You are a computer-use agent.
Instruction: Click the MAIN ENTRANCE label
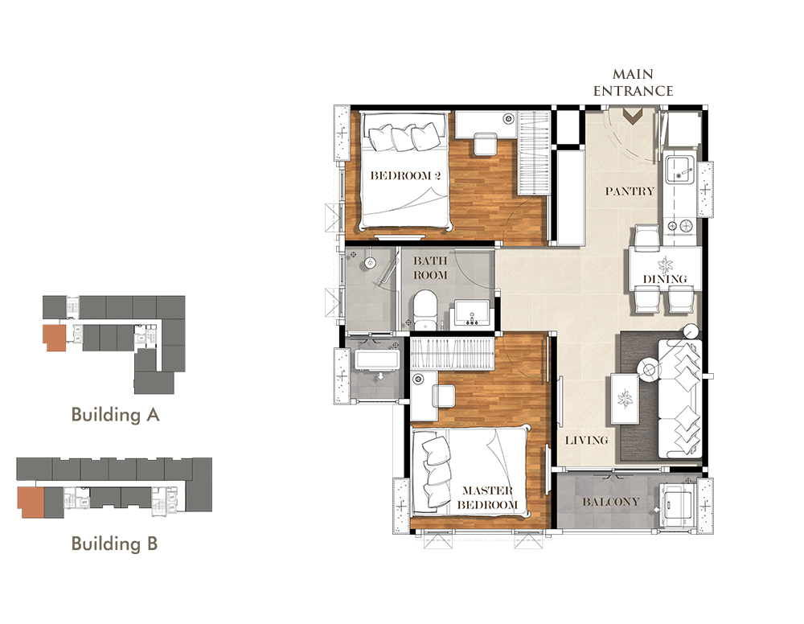click(x=634, y=83)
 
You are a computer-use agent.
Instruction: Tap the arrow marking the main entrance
click(x=633, y=117)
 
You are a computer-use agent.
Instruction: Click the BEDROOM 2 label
click(x=405, y=175)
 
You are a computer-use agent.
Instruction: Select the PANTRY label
click(x=630, y=191)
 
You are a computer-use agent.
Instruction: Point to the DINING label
click(x=665, y=280)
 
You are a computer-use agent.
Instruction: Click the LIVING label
click(x=587, y=440)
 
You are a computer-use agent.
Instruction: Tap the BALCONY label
click(x=611, y=502)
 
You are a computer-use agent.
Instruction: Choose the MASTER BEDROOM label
click(x=487, y=498)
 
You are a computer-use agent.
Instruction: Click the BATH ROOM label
click(x=430, y=268)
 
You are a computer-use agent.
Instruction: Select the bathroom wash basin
click(x=472, y=314)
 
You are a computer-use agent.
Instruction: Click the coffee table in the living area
click(x=625, y=399)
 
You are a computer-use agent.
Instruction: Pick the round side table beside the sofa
click(x=649, y=370)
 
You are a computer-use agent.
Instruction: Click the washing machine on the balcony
click(x=676, y=504)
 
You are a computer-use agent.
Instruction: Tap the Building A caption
click(x=115, y=414)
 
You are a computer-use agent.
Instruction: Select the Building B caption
click(x=114, y=544)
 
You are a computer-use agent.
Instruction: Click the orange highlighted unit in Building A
click(x=55, y=337)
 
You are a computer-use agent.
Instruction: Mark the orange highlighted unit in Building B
click(x=31, y=502)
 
